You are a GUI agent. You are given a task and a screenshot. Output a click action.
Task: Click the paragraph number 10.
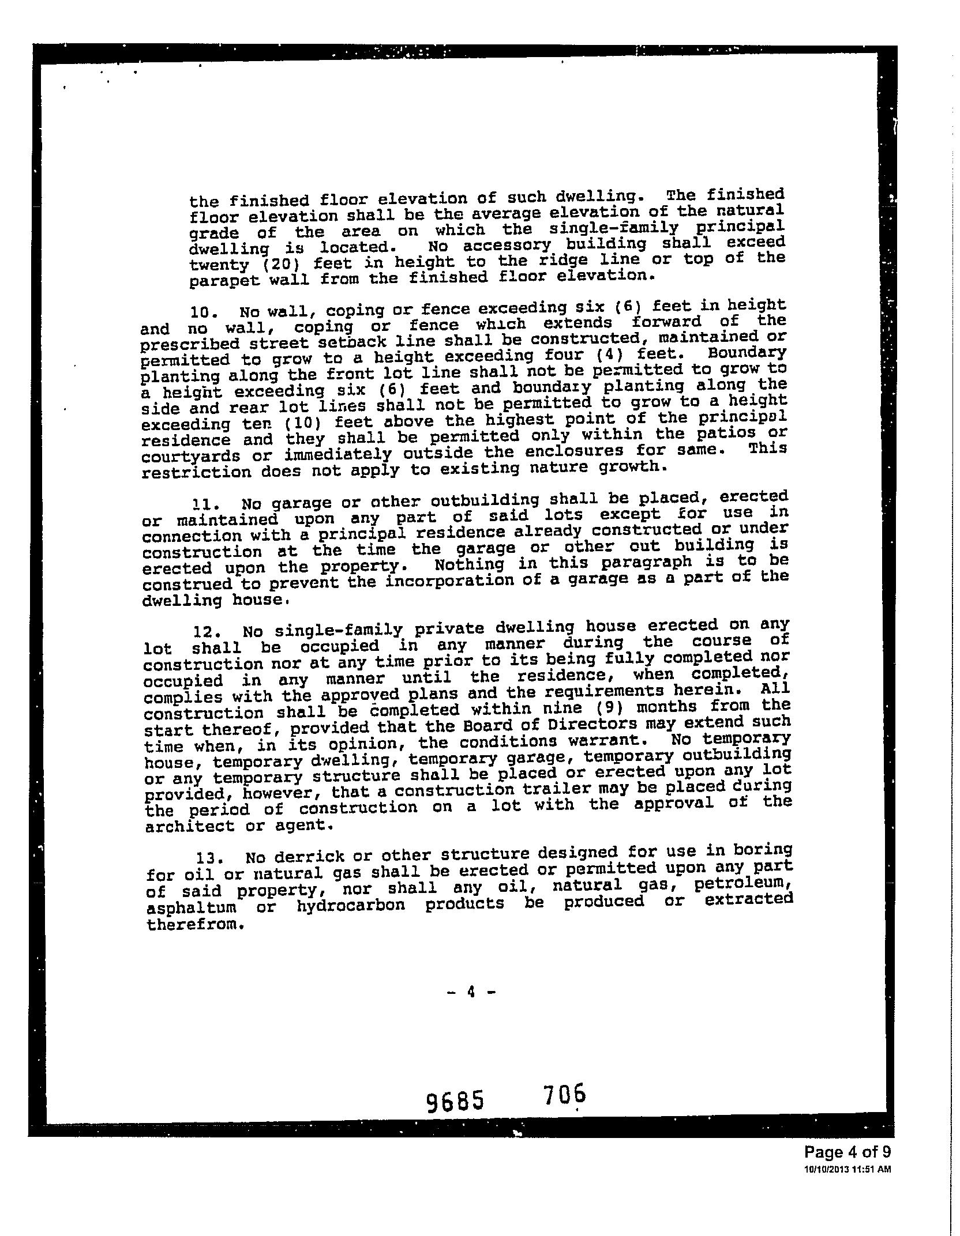coord(202,312)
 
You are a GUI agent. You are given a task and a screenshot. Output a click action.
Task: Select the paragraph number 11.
coord(202,504)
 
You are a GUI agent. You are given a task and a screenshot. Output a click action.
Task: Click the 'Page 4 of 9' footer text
coord(847,1152)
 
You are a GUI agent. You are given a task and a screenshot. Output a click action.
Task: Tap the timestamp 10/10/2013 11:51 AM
coord(847,1169)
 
